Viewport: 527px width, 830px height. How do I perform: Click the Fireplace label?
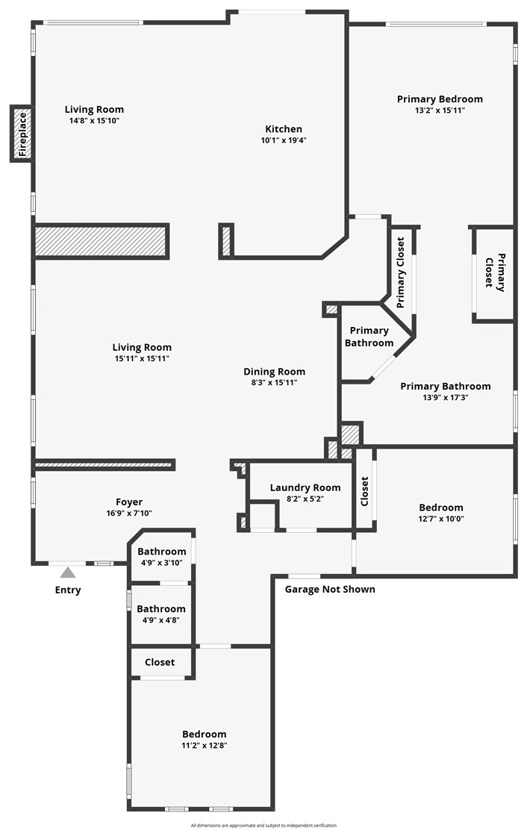pos(22,134)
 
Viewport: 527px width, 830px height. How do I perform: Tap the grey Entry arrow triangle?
pos(68,572)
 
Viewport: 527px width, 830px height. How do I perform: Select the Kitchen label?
pos(284,128)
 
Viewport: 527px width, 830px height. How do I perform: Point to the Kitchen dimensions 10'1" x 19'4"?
pos(284,140)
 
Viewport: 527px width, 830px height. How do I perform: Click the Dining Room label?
pos(274,372)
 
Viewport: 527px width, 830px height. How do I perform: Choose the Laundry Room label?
pos(305,487)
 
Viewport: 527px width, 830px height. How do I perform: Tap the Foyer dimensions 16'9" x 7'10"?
pos(129,513)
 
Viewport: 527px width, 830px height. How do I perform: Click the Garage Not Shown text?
pos(330,589)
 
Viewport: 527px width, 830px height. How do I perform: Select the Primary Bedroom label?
pos(440,99)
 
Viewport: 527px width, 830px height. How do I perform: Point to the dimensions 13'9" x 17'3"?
pos(446,398)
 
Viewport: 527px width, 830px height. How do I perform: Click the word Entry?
pos(68,590)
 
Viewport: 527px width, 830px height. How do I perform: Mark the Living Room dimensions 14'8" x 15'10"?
pos(94,121)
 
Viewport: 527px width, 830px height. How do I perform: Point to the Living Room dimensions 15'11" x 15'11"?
pos(142,358)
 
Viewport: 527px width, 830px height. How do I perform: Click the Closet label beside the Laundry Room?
pos(364,491)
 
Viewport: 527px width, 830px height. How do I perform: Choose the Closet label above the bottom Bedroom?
pos(160,662)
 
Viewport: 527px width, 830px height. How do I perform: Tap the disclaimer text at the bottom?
pos(263,826)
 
